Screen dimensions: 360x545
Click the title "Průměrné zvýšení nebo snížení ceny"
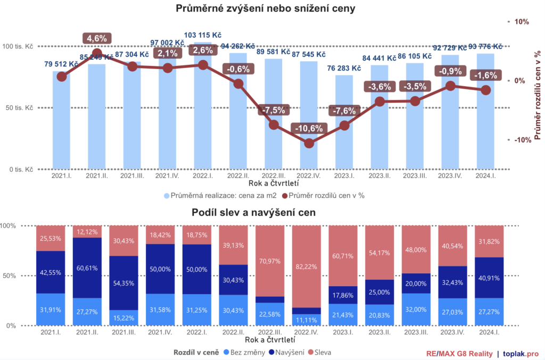pyautogui.click(x=265, y=9)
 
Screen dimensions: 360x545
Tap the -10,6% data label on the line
pyautogui.click(x=309, y=128)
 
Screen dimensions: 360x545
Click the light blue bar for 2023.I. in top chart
pyautogui.click(x=344, y=122)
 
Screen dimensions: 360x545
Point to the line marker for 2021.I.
pyautogui.click(x=62, y=77)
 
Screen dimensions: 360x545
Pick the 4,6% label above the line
pyautogui.click(x=97, y=38)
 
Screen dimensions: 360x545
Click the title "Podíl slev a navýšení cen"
pyautogui.click(x=254, y=213)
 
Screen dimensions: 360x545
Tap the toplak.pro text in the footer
pyautogui.click(x=522, y=353)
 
